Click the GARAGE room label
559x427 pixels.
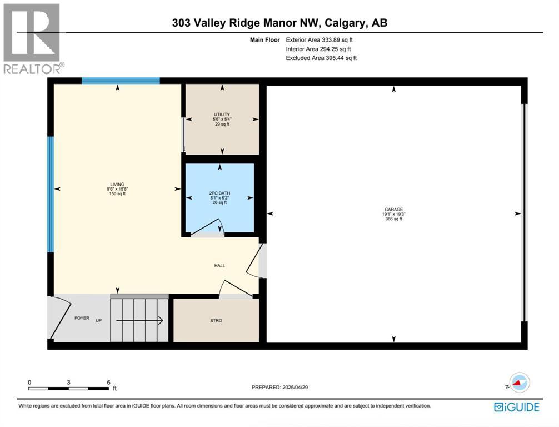(x=393, y=210)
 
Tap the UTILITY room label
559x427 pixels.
(x=222, y=115)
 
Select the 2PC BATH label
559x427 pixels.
(x=219, y=193)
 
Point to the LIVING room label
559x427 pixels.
(x=117, y=185)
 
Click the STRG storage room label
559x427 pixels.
(x=216, y=320)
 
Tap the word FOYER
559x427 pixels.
(x=82, y=318)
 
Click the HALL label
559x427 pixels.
(x=219, y=266)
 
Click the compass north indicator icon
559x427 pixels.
(x=520, y=382)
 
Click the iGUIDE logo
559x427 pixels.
(x=516, y=408)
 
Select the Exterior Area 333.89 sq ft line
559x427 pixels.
(x=320, y=40)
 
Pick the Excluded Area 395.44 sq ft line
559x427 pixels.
(x=321, y=58)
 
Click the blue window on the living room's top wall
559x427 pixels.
(x=121, y=81)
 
